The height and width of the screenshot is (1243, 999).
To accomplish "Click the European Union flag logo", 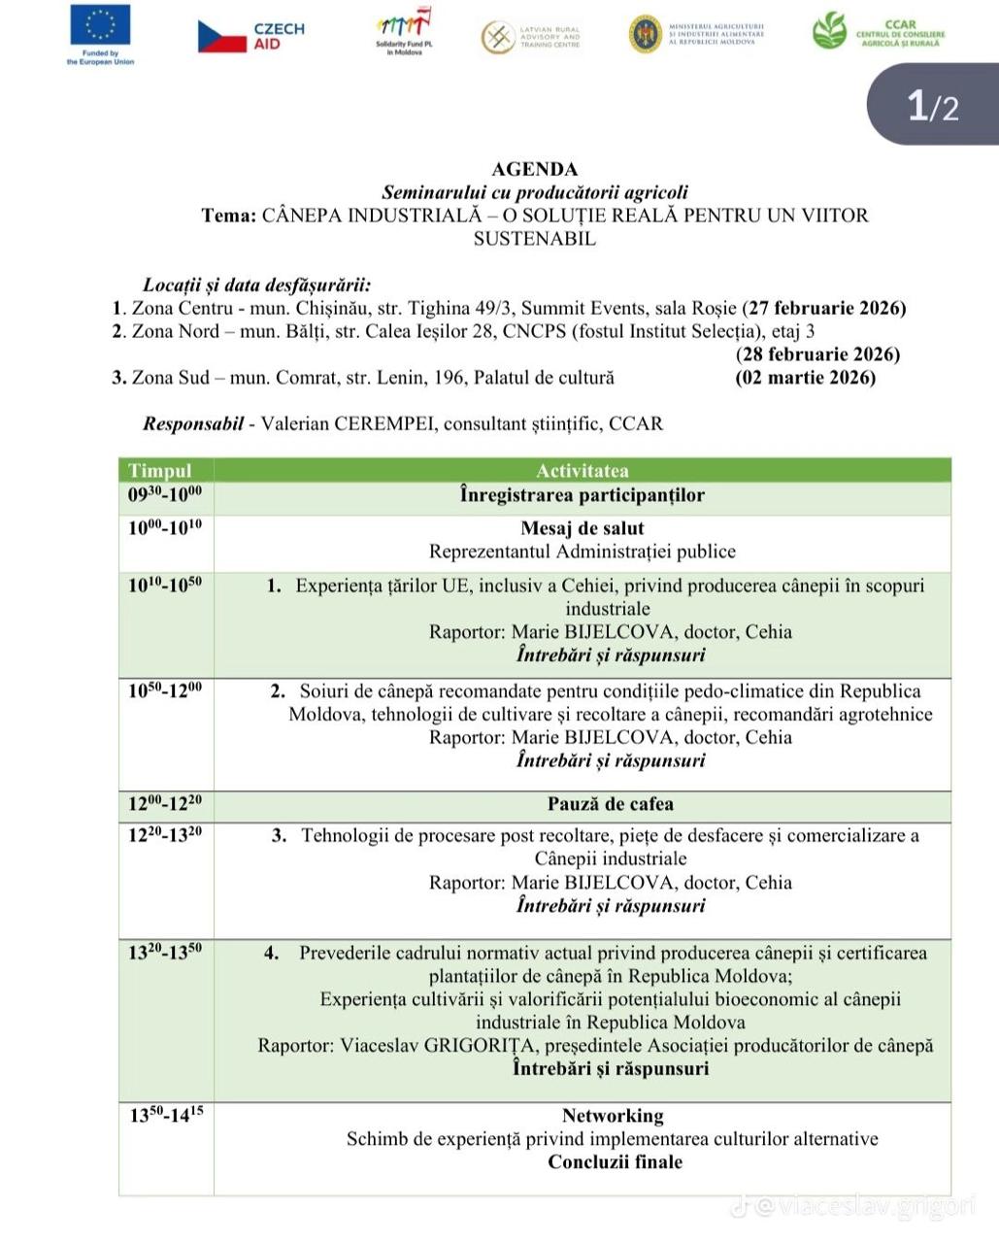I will pos(100,26).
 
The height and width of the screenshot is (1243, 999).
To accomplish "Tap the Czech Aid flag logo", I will pos(222,37).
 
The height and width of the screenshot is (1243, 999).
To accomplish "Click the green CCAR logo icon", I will pos(829,31).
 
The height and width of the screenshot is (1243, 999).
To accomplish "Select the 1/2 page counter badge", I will pos(932,106).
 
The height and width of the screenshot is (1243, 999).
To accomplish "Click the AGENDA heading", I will pos(534,170).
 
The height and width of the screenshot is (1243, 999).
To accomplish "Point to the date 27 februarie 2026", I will pos(824,309).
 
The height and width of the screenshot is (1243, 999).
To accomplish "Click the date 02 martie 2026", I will pos(806,378).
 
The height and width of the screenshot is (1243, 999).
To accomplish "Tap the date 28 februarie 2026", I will pos(817,354).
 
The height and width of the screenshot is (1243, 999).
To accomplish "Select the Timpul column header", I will pos(160,471).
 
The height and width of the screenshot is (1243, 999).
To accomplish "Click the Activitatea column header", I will pos(582,471).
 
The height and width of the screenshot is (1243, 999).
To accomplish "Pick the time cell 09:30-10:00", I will pos(165,495).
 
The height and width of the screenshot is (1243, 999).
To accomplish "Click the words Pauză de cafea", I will pos(610,804).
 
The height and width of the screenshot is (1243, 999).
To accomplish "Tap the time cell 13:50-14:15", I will pos(166,1116).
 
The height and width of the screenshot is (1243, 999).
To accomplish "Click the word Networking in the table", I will pos(613,1116).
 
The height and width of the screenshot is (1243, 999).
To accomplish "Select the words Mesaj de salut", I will pos(582,528).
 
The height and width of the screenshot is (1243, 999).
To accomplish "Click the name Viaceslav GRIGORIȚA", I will pos(440,1046).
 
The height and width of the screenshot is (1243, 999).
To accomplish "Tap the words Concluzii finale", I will pos(615,1162).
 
